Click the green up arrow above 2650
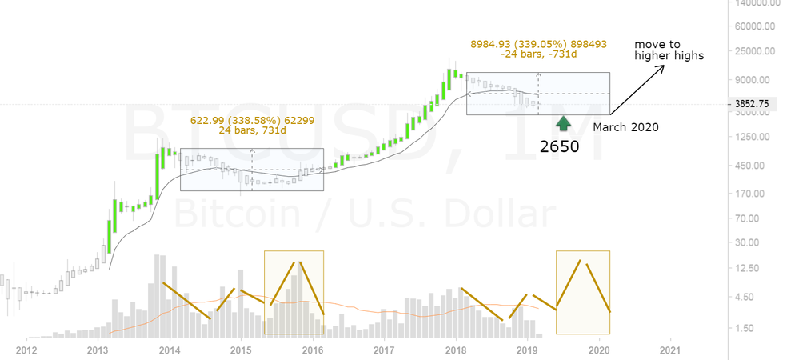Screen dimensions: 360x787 [563, 123]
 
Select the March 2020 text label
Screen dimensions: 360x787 [625, 126]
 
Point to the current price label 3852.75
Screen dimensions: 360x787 [752, 104]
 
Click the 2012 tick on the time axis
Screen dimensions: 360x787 [26, 350]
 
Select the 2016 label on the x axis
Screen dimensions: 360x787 [313, 350]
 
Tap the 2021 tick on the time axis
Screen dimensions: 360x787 [671, 350]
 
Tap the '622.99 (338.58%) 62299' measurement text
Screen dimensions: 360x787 [237, 120]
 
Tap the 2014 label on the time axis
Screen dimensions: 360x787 [169, 350]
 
